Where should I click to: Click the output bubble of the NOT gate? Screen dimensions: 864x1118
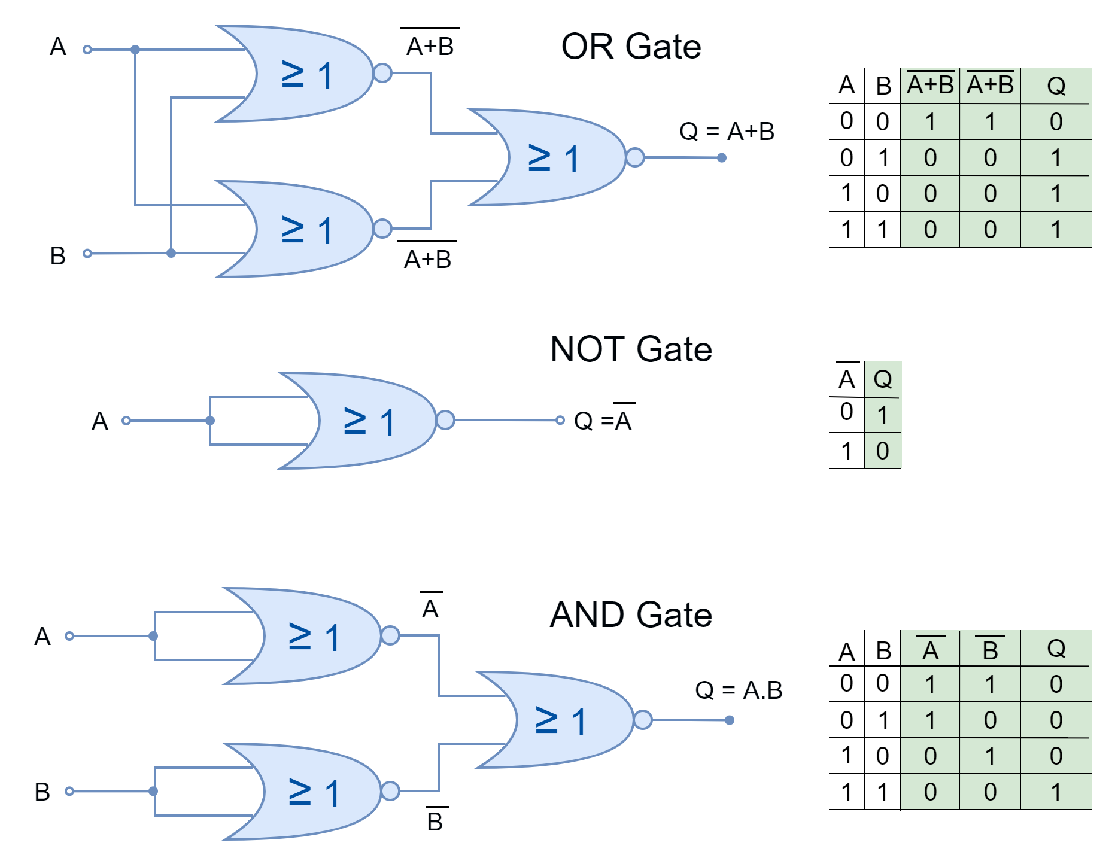[x=445, y=420]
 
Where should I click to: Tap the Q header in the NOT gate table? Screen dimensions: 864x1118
[x=883, y=379]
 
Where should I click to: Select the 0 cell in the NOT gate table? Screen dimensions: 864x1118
[x=883, y=451]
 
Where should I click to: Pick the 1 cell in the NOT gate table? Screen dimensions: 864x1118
[x=883, y=415]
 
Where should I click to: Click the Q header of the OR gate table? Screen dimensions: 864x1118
[x=1056, y=86]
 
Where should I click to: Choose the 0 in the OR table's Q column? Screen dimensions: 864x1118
[x=1056, y=122]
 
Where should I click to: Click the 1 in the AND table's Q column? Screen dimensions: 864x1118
[x=1056, y=792]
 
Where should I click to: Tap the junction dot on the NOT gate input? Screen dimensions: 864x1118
[x=210, y=421]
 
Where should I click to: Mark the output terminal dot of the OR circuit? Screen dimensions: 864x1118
[x=722, y=158]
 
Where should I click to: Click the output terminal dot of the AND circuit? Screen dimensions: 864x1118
[x=729, y=720]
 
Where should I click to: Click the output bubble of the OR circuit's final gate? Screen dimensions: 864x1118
[x=635, y=157]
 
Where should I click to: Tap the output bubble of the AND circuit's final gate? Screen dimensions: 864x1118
[x=643, y=720]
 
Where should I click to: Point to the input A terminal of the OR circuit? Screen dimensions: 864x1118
[x=87, y=50]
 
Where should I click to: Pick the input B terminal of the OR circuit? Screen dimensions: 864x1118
[x=87, y=254]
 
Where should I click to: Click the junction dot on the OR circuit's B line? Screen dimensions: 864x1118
[x=171, y=253]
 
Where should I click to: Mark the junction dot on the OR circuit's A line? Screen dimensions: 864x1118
[x=135, y=50]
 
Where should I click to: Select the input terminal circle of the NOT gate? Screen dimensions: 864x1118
[x=126, y=421]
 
